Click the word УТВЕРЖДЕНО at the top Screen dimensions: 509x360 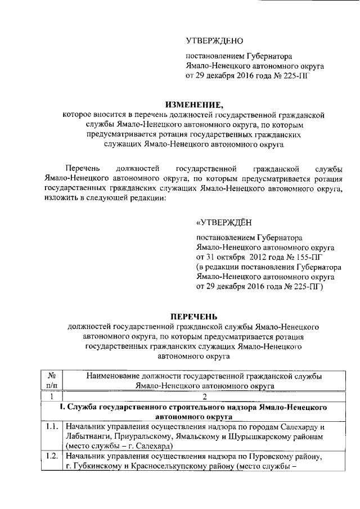214,41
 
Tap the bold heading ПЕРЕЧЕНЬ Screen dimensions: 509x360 195,317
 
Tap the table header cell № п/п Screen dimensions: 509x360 51,380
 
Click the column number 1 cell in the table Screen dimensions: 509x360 51,395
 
